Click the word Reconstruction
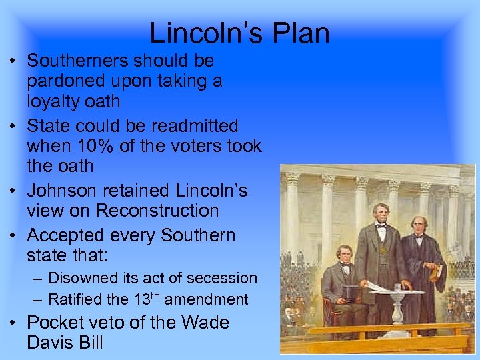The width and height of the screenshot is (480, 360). tap(157, 211)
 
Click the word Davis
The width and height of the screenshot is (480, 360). tap(51, 343)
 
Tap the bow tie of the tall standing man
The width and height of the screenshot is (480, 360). tap(381, 225)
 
